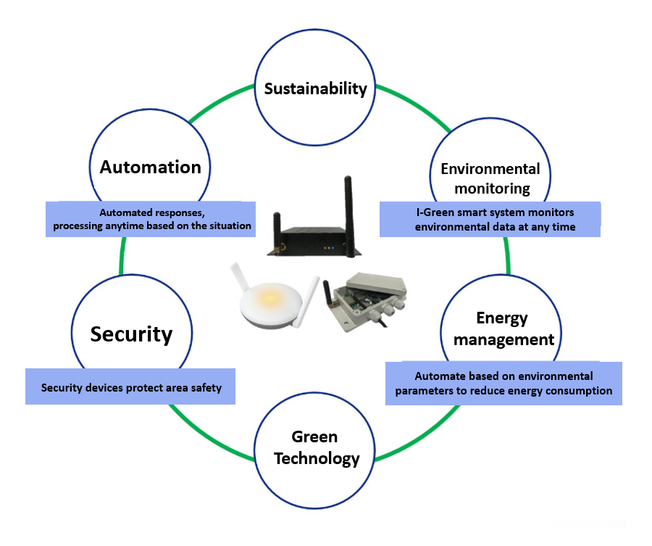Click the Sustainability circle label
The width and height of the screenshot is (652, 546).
point(315,89)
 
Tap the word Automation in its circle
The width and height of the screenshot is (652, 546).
point(150,167)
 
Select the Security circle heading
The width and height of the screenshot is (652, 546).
point(131,334)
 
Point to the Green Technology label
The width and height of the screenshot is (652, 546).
point(315,447)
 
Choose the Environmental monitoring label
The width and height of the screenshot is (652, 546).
point(490,178)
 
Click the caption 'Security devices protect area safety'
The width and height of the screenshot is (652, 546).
point(131,388)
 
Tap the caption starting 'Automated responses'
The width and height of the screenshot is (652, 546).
point(151,220)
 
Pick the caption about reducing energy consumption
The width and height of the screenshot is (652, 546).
point(503,384)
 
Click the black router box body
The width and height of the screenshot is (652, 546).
point(312,240)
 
